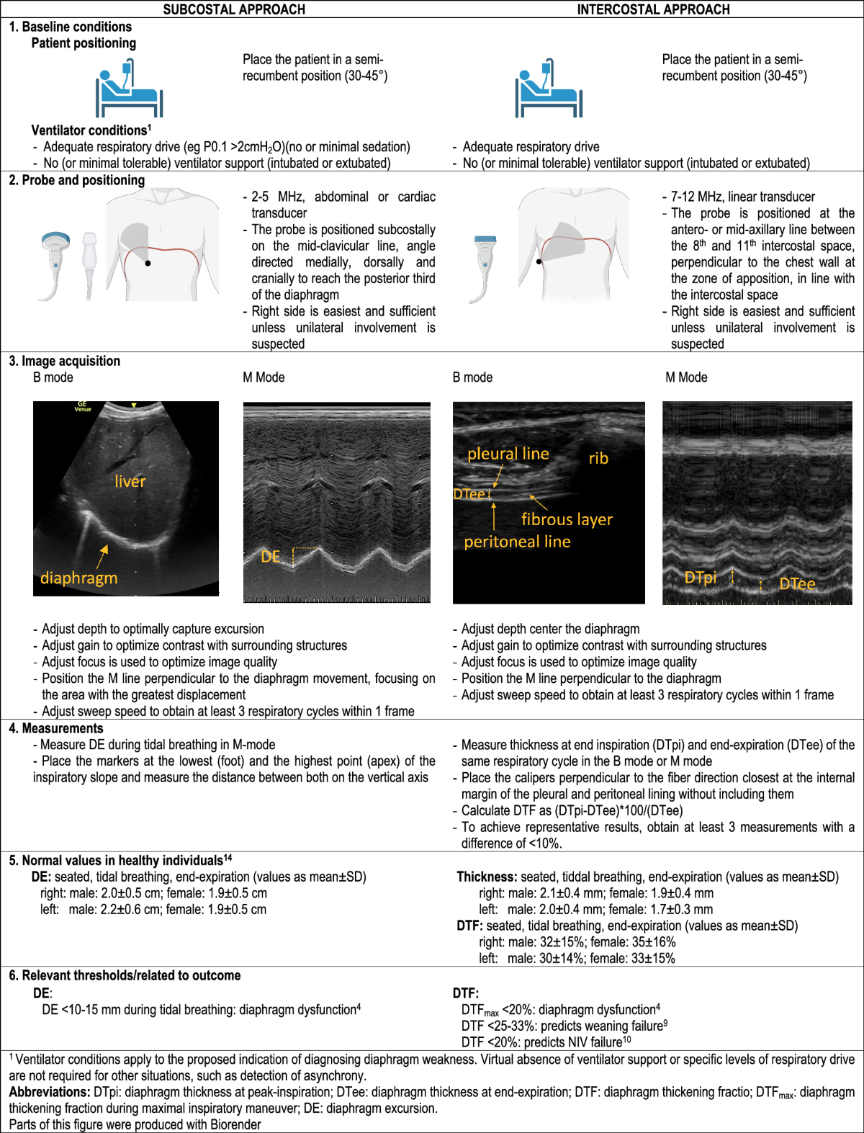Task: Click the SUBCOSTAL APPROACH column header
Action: pyautogui.click(x=234, y=9)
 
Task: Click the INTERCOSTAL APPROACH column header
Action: pyautogui.click(x=653, y=9)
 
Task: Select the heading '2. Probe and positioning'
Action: pyautogui.click(x=77, y=180)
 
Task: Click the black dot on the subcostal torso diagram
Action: pyautogui.click(x=148, y=263)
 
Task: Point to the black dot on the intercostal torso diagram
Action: pyautogui.click(x=539, y=261)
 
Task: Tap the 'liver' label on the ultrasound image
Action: pyautogui.click(x=130, y=481)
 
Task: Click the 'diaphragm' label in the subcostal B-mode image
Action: pyautogui.click(x=78, y=578)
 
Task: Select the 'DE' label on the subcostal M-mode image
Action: pyautogui.click(x=271, y=557)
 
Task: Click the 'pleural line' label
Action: pyautogui.click(x=508, y=454)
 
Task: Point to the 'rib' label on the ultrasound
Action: pyautogui.click(x=598, y=458)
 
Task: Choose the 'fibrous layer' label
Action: pyautogui.click(x=567, y=519)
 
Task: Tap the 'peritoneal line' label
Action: pyautogui.click(x=517, y=542)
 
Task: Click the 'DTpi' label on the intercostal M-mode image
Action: pyautogui.click(x=700, y=578)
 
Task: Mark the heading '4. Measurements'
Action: pyautogui.click(x=56, y=728)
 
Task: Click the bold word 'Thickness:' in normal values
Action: pyautogui.click(x=487, y=877)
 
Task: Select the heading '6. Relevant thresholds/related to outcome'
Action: pyautogui.click(x=125, y=975)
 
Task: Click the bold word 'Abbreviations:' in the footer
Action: pyautogui.click(x=50, y=1092)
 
